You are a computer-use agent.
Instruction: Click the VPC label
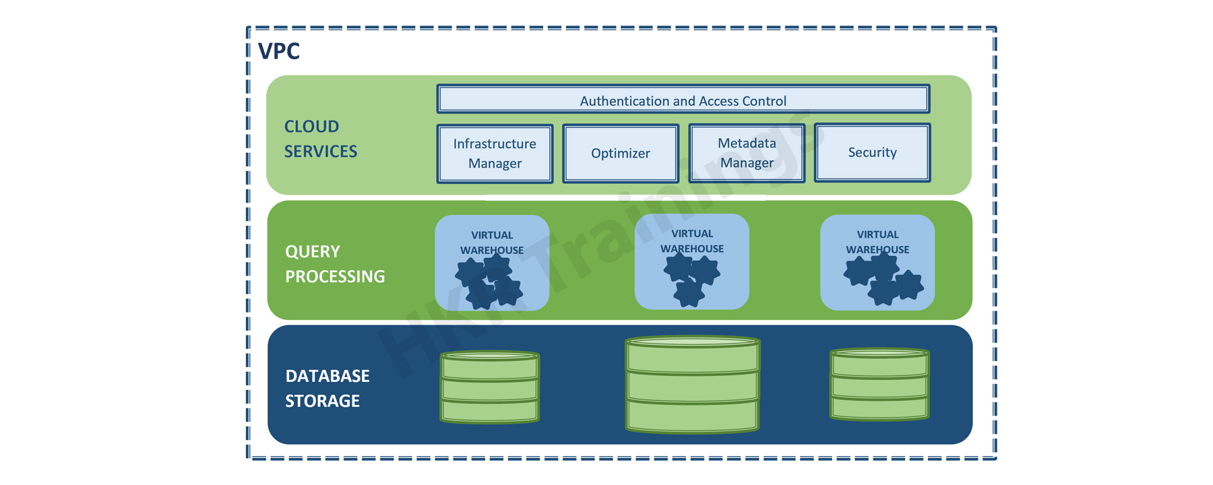279,51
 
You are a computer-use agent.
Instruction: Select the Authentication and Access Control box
683,100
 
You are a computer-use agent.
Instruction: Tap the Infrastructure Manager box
495,154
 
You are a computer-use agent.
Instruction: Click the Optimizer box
620,154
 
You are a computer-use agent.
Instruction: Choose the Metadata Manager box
747,154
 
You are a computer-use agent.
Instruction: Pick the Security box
872,152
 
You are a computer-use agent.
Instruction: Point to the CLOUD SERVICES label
320,139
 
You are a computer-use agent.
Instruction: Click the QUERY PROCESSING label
334,263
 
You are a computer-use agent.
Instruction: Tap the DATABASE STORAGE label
327,388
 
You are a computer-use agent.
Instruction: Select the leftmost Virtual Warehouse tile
492,263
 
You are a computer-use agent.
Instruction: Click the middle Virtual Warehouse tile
691,261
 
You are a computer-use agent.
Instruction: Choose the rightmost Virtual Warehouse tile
877,262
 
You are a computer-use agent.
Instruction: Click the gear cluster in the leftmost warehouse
489,282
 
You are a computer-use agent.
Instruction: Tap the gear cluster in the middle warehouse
691,278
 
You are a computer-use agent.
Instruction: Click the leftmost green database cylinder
490,387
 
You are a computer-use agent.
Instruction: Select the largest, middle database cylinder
692,385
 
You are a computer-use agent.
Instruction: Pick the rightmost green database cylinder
879,385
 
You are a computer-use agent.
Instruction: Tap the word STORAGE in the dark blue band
322,401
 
